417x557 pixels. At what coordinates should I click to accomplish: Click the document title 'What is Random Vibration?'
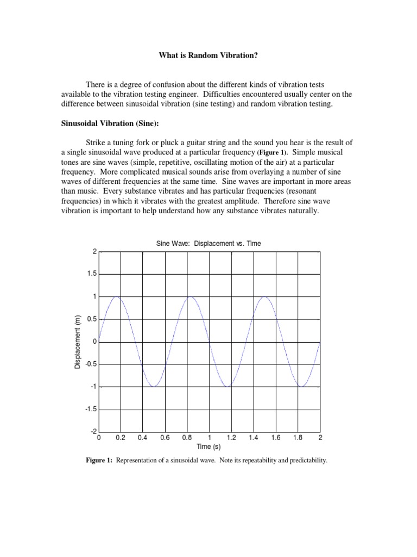[x=208, y=55]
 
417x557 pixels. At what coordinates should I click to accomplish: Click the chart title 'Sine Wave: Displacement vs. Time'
[x=208, y=244]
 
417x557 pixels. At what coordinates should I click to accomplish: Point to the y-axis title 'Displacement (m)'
[x=78, y=342]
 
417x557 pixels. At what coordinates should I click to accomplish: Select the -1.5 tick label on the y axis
[x=89, y=409]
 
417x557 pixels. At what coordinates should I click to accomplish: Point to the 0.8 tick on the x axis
[x=187, y=437]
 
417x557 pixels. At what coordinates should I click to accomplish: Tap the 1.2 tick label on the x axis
[x=231, y=437]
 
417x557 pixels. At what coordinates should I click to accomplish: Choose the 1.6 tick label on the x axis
[x=276, y=437]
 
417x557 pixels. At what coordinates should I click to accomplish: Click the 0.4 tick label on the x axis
[x=143, y=437]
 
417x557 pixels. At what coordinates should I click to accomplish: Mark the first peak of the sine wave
[x=117, y=297]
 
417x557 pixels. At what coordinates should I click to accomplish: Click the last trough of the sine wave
[x=302, y=387]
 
